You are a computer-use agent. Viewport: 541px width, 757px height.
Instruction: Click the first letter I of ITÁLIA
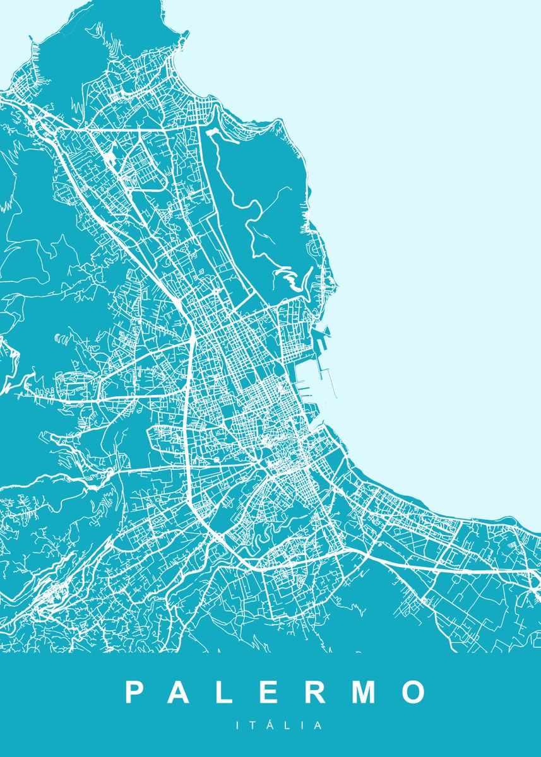pyautogui.click(x=238, y=726)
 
